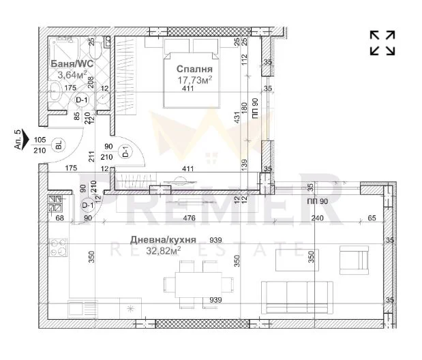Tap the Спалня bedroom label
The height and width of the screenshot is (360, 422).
click(x=195, y=69)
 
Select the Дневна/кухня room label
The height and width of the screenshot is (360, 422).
click(x=164, y=240)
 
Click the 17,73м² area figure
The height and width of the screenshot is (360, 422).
click(x=195, y=80)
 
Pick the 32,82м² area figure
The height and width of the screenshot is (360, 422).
click(x=164, y=251)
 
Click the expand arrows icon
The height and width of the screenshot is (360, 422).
click(x=382, y=42)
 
